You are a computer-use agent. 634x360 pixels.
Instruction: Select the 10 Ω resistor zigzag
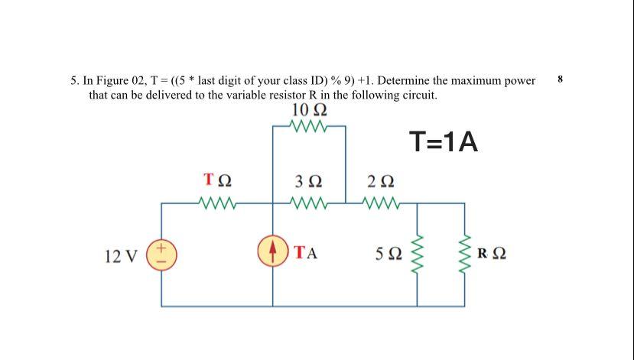309,127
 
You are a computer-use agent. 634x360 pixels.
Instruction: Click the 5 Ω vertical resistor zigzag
418,253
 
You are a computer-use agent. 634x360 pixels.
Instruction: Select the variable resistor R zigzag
464,253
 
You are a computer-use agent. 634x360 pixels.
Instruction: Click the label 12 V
121,255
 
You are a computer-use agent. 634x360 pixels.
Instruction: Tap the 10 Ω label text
309,110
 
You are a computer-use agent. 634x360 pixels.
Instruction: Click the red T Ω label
217,182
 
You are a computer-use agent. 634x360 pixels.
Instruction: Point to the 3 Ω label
309,182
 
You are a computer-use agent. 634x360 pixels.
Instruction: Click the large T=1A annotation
444,141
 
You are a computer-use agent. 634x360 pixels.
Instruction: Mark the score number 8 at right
561,79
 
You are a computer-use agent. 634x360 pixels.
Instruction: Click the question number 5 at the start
73,80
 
